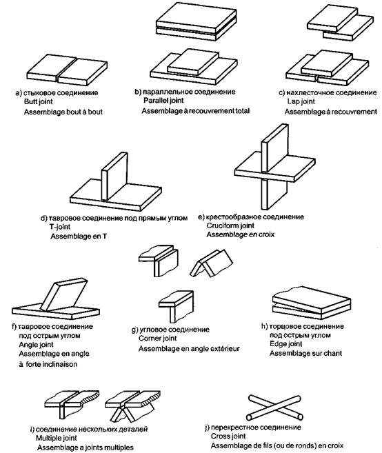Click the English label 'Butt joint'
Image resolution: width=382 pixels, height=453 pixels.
pos(39,101)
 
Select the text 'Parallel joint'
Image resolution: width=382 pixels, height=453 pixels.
pos(163,101)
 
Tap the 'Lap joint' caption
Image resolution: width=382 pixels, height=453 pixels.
pos(301,101)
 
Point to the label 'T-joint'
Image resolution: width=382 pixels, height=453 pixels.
pos(60,227)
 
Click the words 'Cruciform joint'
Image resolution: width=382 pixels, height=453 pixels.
pos(230,225)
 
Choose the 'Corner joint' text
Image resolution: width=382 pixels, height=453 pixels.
pos(157,339)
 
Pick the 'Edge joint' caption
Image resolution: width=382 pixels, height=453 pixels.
pos(285,344)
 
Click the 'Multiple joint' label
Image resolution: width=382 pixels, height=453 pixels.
pos(57,438)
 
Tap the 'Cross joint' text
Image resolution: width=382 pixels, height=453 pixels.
pos(228,436)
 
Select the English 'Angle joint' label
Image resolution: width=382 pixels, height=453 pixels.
pos(36,345)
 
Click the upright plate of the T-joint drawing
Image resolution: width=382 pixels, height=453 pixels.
pos(114,177)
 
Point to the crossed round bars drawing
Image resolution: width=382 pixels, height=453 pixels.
pos(275,407)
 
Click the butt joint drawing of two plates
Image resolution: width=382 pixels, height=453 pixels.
pos(67,70)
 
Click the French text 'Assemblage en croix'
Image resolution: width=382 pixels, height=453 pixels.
pos(241,234)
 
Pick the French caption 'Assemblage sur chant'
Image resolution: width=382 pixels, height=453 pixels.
pos(305,353)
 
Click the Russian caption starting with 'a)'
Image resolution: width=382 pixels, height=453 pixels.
pos(57,93)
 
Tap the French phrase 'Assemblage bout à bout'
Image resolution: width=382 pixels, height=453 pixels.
pos(63,112)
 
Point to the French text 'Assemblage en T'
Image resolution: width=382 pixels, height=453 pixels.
pos(79,236)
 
